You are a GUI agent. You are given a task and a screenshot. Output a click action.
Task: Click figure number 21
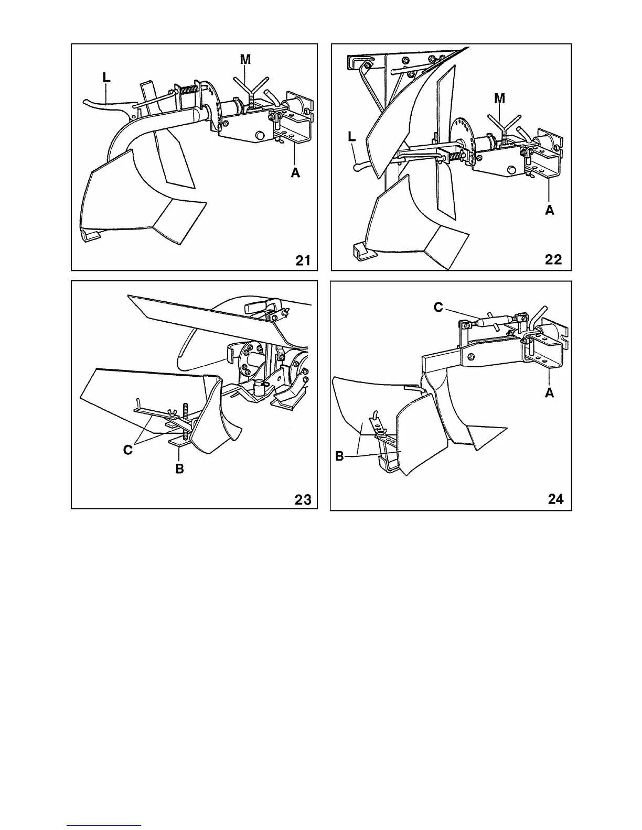pos(303,259)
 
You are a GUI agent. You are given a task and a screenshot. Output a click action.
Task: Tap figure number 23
pos(303,499)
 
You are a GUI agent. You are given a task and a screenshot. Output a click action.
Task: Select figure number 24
pos(555,499)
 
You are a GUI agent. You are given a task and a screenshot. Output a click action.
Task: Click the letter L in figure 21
pos(106,78)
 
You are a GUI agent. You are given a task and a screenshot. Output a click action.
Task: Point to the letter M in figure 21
pos(245,60)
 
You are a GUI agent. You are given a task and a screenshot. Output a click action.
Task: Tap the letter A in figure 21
pos(296,172)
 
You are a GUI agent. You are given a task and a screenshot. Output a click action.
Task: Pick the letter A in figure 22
pos(549,210)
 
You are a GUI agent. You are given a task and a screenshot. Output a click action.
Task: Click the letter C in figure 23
pos(128,450)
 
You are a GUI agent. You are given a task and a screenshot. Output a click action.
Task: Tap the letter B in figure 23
pos(179,468)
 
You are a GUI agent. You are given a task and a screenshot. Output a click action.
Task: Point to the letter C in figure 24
pos(438,308)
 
